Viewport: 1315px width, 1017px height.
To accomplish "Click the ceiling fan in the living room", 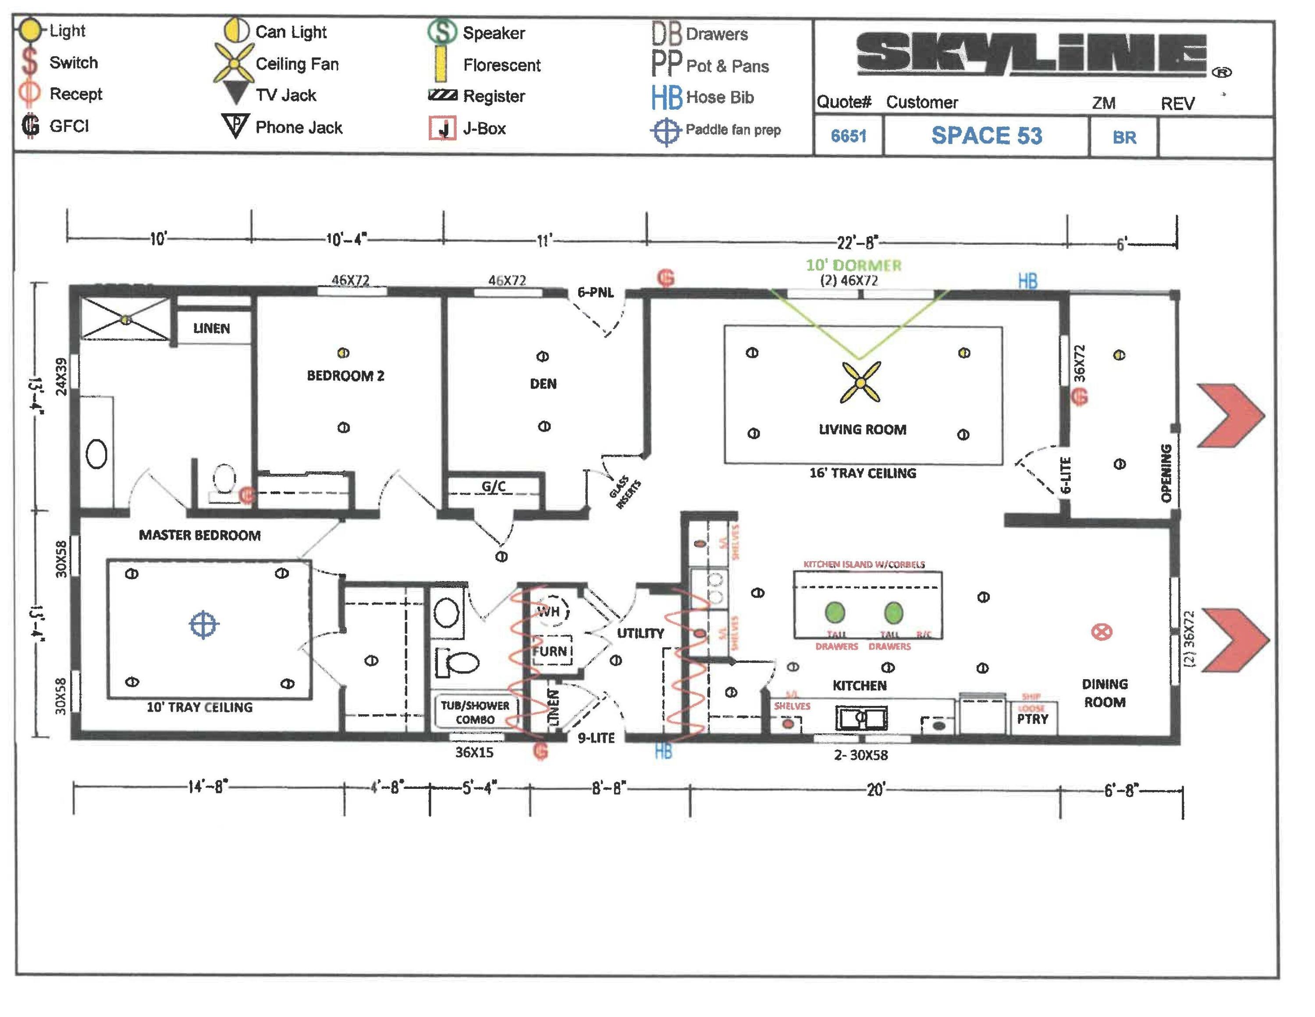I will [x=860, y=382].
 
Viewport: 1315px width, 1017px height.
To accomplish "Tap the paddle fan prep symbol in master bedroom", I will [x=203, y=624].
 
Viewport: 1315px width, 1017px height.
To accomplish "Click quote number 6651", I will [x=848, y=136].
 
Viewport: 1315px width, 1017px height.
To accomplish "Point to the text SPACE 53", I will [x=986, y=136].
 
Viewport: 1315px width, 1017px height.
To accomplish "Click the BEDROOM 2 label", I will [x=345, y=376].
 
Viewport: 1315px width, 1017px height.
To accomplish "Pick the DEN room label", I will [x=543, y=384].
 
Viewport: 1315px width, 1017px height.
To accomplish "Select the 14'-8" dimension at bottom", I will [x=208, y=786].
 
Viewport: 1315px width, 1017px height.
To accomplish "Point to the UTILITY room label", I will [x=640, y=633].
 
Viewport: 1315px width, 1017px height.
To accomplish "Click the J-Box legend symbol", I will [x=442, y=128].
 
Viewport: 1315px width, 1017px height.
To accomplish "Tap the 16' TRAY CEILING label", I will [x=862, y=473].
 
